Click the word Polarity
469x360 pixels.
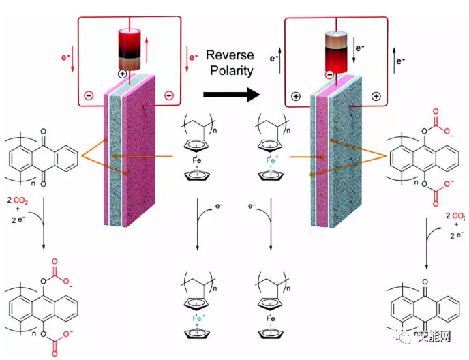[x=230, y=70]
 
